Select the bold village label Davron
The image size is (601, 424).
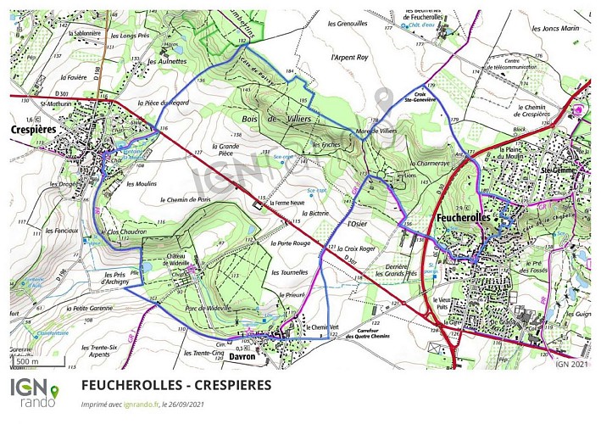(243, 357)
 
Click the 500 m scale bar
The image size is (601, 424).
(29, 363)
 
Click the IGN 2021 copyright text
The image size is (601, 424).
(572, 365)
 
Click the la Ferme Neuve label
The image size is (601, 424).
(287, 203)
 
